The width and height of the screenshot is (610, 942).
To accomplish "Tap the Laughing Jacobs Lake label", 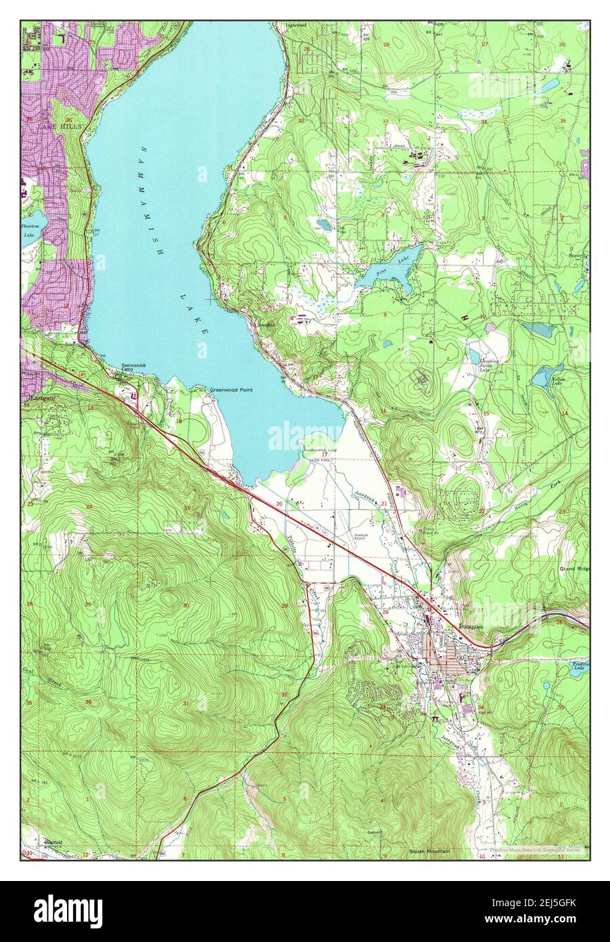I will coord(489,366).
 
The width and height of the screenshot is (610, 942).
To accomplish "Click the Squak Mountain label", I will coord(430,851).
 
